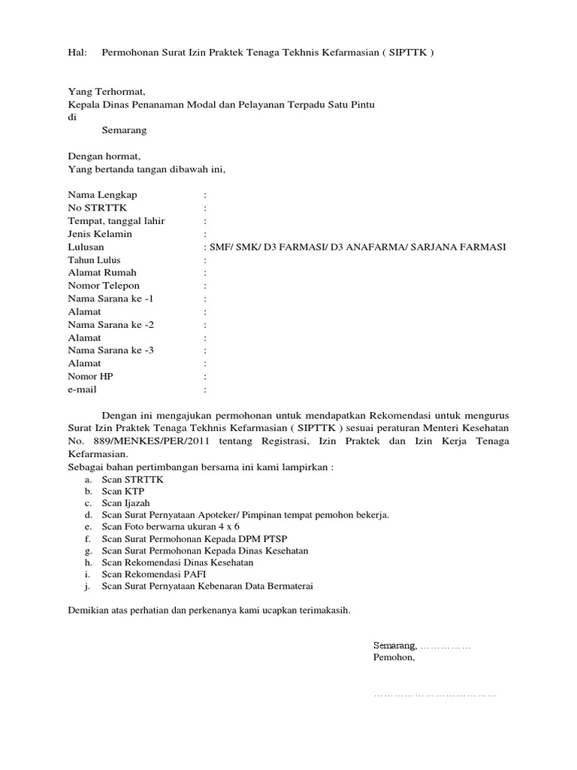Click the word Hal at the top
coord(77,53)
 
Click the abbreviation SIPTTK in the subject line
coord(405,53)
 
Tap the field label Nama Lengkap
coord(102,195)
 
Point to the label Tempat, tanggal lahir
coord(116,221)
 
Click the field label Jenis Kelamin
coord(100,234)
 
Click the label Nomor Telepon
coord(104,286)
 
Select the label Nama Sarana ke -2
coord(110,325)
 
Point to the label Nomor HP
coord(90,377)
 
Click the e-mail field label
coord(83,390)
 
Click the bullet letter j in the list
coord(88,586)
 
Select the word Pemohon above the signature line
coord(393,657)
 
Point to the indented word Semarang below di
coord(124,130)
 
